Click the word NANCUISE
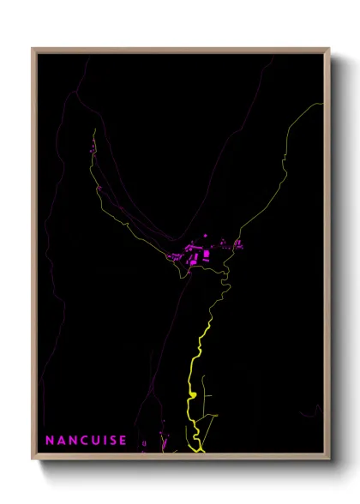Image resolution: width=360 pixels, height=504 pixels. pyautogui.click(x=86, y=441)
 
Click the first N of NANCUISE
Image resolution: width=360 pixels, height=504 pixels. pyautogui.click(x=50, y=441)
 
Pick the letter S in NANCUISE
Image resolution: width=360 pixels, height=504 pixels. pyautogui.click(x=112, y=441)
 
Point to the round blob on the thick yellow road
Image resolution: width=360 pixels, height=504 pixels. pyautogui.click(x=193, y=395)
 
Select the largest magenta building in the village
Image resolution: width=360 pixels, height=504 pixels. pyautogui.click(x=206, y=255)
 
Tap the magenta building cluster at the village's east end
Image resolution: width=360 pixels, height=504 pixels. pyautogui.click(x=237, y=244)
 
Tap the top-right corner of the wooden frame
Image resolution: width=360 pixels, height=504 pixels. pyautogui.click(x=329, y=49)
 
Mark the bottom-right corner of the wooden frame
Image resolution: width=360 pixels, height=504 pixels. pyautogui.click(x=329, y=460)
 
